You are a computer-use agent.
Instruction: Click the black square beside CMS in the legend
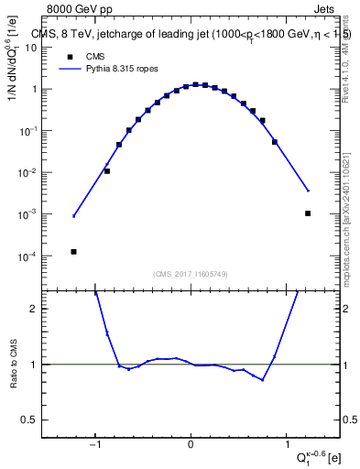[70, 56]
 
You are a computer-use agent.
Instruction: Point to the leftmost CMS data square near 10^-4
[73, 252]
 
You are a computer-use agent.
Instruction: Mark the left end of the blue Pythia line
[74, 216]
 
